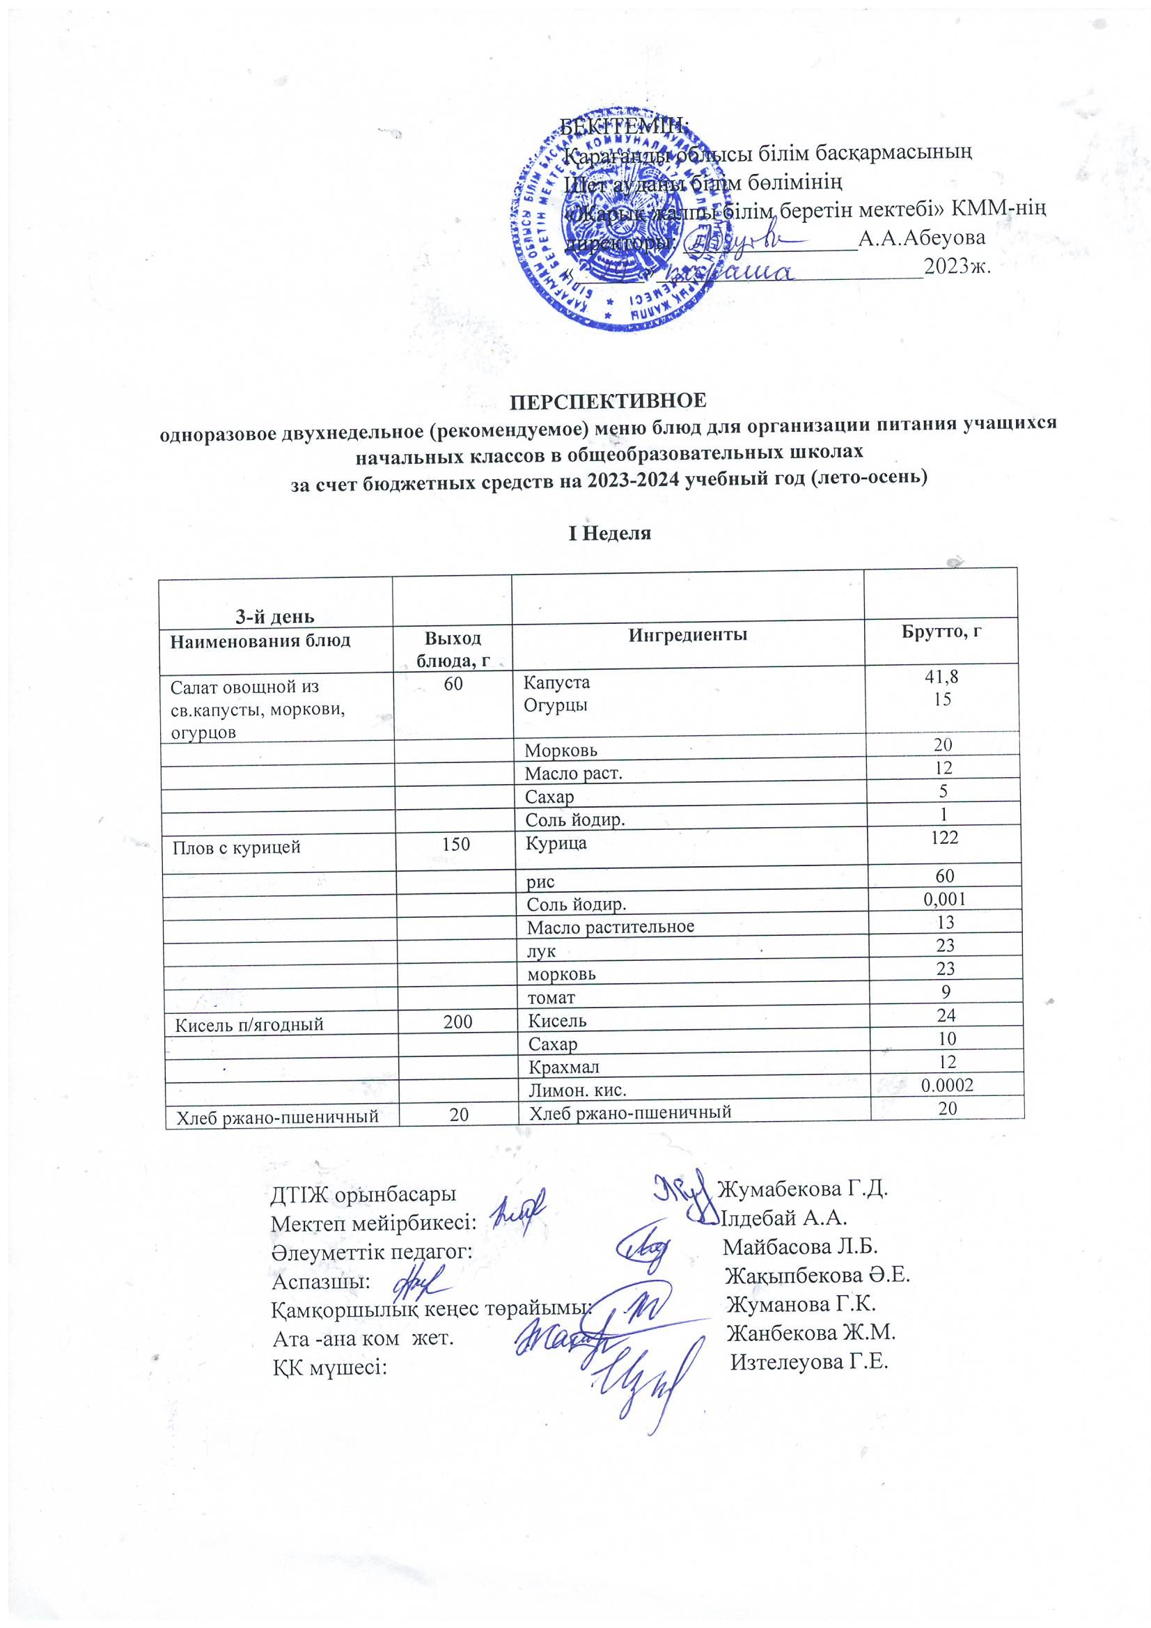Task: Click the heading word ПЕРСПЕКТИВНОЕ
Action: [608, 400]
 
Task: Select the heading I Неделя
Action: [609, 533]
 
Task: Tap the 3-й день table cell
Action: [274, 616]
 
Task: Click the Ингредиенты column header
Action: [687, 634]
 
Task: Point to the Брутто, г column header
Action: [941, 632]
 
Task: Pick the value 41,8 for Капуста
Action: [941, 677]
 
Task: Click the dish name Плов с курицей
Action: [237, 847]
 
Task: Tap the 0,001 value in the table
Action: [945, 900]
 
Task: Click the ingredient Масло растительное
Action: [610, 927]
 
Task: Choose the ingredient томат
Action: [550, 997]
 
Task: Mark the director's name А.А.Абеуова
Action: [921, 237]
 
